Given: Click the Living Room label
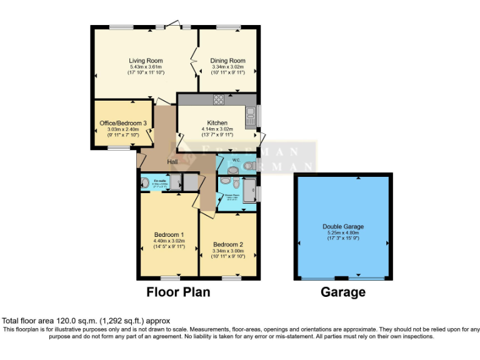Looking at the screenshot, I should (146, 61).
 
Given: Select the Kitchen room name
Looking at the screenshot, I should (217, 122).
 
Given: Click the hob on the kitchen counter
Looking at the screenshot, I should (219, 99).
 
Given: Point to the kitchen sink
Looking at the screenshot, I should (249, 114).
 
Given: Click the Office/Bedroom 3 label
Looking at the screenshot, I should (123, 123).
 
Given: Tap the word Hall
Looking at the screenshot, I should (172, 162).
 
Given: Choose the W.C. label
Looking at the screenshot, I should (237, 159).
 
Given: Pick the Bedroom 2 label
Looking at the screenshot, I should (227, 244).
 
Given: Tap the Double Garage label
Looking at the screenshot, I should (343, 226).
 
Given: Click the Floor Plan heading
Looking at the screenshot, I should (178, 292).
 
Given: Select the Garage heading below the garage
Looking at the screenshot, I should (343, 292).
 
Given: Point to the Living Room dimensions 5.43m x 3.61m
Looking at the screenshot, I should (146, 67).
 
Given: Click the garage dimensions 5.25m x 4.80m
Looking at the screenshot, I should (343, 232).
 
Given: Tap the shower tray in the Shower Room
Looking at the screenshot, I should (249, 190).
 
